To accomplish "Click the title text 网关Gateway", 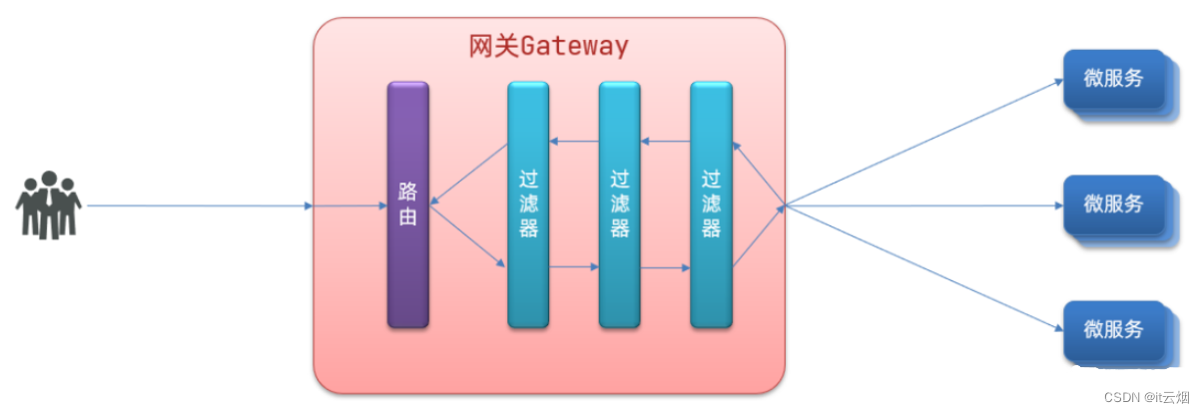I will [548, 46].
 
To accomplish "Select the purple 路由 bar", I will [407, 205].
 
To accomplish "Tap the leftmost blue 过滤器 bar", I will [528, 205].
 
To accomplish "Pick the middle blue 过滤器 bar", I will [619, 205].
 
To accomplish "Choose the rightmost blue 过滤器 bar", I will [711, 205].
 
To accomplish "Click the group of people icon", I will [48, 206].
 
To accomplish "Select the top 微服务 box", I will [1113, 79].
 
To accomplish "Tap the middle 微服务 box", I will [1113, 205].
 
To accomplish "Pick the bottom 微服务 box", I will [1113, 329].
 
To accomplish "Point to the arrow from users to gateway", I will [200, 206].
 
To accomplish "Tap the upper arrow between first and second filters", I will [574, 142].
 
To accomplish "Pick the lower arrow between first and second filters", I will [574, 267].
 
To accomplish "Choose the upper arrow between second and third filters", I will [665, 142].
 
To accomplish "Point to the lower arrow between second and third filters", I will [665, 267].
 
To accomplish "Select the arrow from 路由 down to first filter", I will [467, 237].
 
